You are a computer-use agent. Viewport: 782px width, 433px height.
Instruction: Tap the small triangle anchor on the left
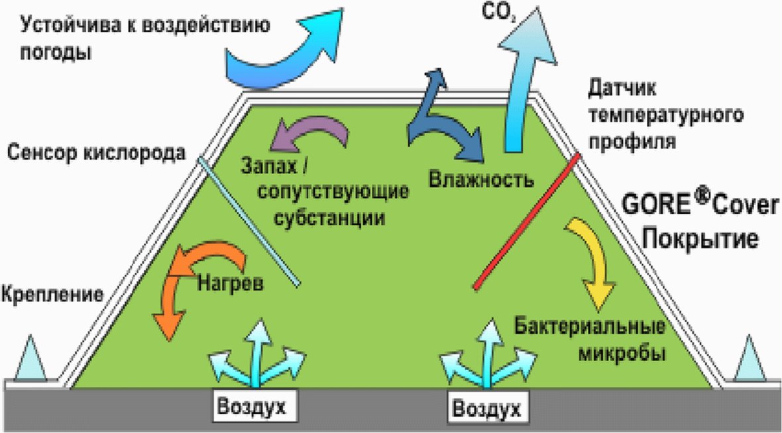(x=30, y=361)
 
